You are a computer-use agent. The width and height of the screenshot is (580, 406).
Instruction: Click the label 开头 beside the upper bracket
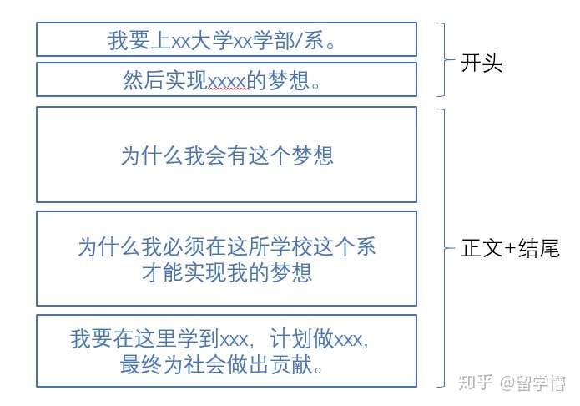point(482,64)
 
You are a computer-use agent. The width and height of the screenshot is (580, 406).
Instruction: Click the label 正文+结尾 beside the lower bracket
point(509,249)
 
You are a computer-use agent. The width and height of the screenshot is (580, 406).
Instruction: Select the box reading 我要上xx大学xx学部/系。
point(226,40)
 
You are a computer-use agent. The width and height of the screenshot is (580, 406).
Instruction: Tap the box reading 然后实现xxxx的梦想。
point(226,80)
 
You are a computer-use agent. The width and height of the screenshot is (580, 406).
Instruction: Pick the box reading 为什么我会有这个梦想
point(226,155)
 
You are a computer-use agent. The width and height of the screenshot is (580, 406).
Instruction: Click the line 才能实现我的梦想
point(227,272)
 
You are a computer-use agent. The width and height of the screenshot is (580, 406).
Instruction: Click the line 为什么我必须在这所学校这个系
point(226,247)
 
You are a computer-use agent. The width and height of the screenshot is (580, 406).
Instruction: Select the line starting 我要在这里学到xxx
point(220,340)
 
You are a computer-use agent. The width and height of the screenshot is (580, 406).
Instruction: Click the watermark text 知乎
point(476,383)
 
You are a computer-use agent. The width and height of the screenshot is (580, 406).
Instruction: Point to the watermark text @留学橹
point(532,383)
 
